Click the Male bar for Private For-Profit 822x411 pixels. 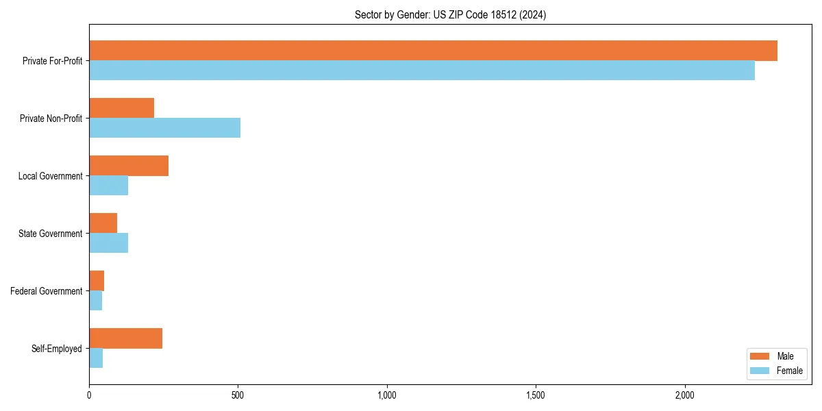click(x=433, y=51)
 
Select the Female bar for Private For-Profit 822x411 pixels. click(x=422, y=71)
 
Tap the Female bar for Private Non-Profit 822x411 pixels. click(x=164, y=128)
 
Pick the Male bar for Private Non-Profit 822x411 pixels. click(x=121, y=108)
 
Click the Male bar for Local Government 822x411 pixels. click(x=129, y=166)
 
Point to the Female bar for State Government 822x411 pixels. click(x=108, y=243)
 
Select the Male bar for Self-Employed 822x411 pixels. click(x=125, y=338)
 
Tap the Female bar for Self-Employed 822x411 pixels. click(x=96, y=358)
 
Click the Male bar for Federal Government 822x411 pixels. click(x=97, y=281)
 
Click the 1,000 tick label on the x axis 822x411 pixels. click(x=387, y=395)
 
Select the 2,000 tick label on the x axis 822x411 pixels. click(x=685, y=395)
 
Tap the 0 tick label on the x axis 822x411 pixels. click(x=89, y=395)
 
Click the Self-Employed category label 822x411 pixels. click(x=56, y=349)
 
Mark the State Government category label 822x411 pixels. click(x=50, y=234)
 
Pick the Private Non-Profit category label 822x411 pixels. click(x=51, y=119)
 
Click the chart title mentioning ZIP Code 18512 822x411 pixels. click(x=450, y=14)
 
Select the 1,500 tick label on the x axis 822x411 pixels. click(x=536, y=395)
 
